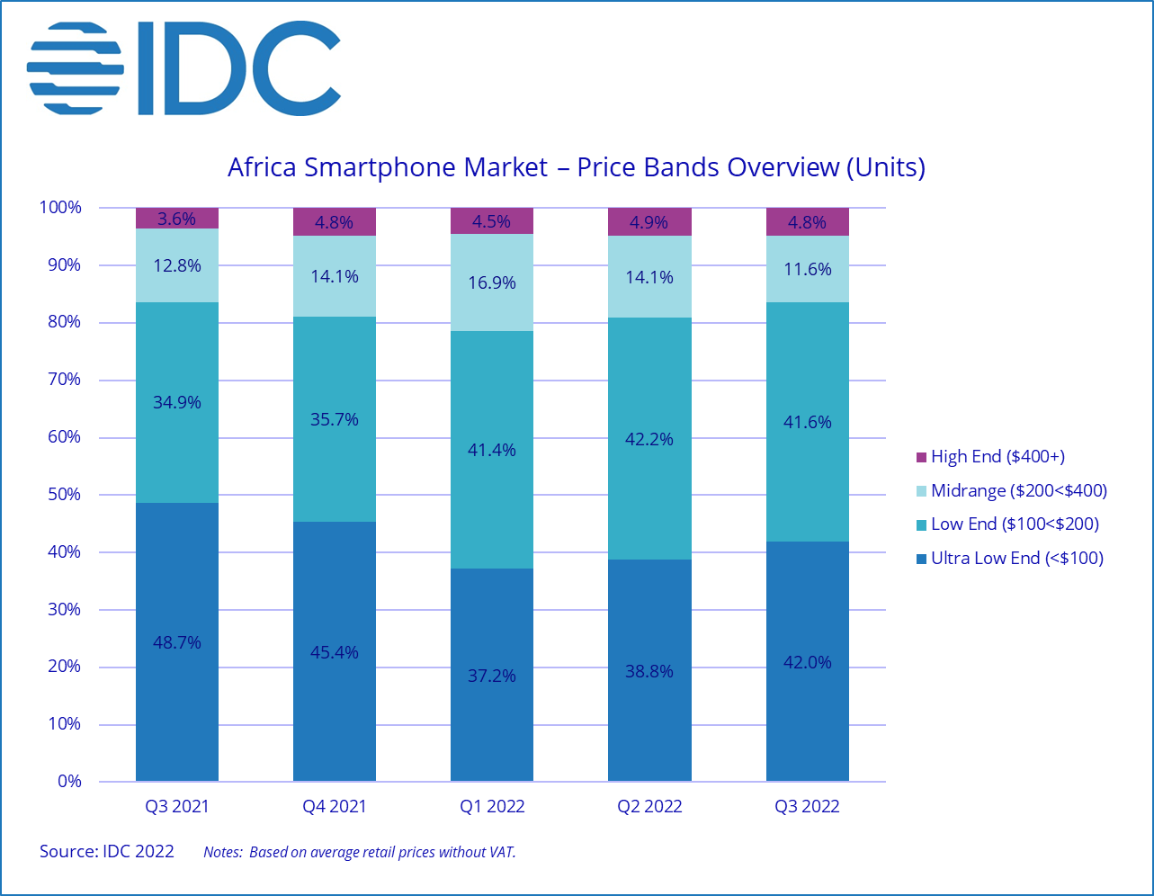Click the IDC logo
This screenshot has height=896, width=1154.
[184, 68]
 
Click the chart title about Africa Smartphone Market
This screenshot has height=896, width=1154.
[577, 167]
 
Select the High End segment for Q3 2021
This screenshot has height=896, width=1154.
[177, 219]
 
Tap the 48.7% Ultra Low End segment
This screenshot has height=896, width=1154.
[177, 641]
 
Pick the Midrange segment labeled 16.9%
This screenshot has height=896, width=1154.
[492, 282]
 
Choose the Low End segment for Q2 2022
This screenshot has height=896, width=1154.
[649, 439]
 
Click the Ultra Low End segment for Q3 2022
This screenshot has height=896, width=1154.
[807, 661]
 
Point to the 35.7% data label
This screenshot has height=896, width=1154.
[335, 419]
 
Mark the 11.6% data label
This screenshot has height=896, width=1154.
[807, 269]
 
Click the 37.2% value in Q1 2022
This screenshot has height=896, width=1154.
[492, 675]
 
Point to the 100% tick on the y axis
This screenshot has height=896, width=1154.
[60, 208]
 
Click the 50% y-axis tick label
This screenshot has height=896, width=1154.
[64, 495]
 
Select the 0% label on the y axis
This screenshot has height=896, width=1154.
[69, 782]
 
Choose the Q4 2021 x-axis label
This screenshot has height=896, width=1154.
[335, 806]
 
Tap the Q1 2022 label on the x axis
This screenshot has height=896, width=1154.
[492, 806]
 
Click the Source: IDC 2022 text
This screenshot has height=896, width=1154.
[107, 851]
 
